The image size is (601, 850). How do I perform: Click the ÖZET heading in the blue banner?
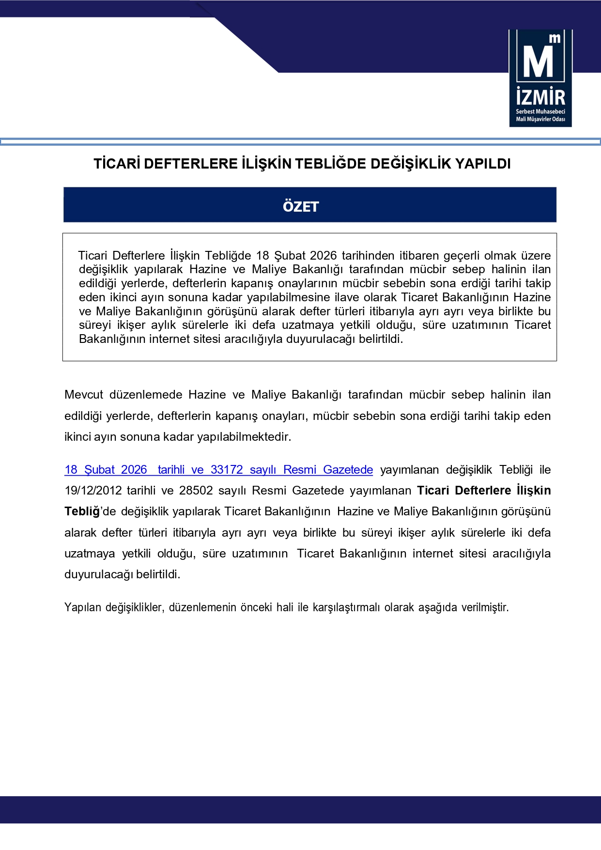(x=301, y=207)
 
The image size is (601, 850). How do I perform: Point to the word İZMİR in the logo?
(x=540, y=97)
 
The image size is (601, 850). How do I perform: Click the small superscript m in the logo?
(x=555, y=38)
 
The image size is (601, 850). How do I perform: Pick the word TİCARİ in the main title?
(x=117, y=164)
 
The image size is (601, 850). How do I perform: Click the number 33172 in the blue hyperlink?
(x=227, y=470)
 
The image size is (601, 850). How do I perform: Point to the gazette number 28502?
(x=196, y=491)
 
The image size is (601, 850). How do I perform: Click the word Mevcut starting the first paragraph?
(x=84, y=395)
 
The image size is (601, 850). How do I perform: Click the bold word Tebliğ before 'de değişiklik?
(x=82, y=511)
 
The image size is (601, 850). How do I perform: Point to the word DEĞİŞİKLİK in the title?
(x=417, y=164)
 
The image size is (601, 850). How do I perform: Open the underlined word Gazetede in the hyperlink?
(x=348, y=470)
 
